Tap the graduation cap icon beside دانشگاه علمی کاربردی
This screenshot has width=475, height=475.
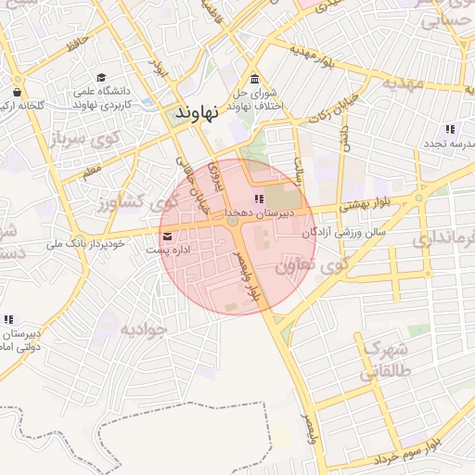pos(101,78)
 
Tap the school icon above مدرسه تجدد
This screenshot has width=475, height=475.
pos(450,129)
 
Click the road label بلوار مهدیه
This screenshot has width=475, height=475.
pos(311,55)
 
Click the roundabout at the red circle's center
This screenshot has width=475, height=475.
pos(232,223)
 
